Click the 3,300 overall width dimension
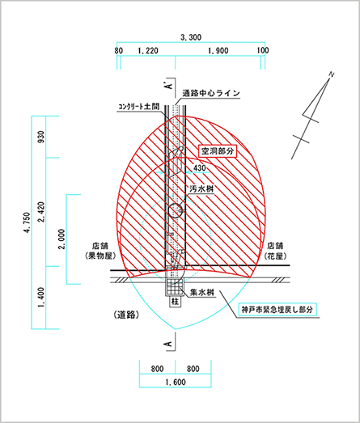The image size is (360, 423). tap(191, 37)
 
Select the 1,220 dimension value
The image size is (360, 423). tap(148, 50)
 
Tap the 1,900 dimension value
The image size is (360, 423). tap(218, 50)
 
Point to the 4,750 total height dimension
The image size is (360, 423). tap(27, 222)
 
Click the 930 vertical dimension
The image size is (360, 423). tap(41, 137)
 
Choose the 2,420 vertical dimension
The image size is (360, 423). tap(41, 212)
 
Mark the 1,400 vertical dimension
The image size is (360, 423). tap(41, 298)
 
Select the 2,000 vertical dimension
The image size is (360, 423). tap(62, 239)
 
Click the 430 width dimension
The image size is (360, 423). tap(200, 167)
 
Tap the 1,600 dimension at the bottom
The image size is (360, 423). tap(176, 382)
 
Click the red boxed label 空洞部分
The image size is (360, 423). tap(218, 151)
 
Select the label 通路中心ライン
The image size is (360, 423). tap(211, 93)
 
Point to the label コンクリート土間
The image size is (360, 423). tap(138, 107)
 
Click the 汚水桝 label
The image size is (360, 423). tap(201, 188)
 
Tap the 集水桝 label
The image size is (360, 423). tap(202, 293)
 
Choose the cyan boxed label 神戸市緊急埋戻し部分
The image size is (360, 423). tap(277, 309)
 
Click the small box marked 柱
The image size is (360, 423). tap(175, 302)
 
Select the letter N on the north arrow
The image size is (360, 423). tap(332, 74)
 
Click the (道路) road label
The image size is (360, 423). tap(127, 315)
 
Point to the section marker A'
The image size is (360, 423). tap(169, 85)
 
